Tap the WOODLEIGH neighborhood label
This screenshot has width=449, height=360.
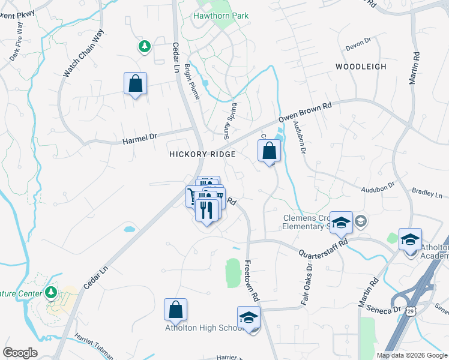point(361,67)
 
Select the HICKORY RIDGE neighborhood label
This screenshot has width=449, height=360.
point(202,154)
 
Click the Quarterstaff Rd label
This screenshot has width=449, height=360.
point(323,247)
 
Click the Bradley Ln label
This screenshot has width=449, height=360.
point(427,195)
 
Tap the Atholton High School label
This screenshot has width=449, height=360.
point(204,328)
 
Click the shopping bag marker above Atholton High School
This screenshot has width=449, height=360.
point(175,310)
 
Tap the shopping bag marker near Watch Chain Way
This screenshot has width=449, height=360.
point(135,83)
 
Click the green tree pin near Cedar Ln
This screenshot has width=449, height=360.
point(144,46)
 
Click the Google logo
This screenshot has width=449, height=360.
point(20,352)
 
